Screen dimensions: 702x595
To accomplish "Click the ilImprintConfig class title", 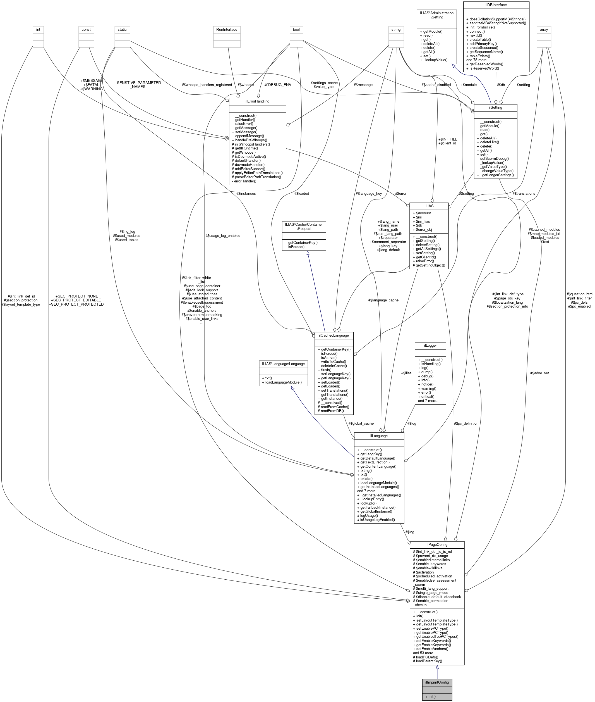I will click(x=437, y=682).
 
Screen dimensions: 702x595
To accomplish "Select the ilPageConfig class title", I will click(x=437, y=544).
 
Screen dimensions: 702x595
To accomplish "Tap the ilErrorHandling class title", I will click(x=257, y=101).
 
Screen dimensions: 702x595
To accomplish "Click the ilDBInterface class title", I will click(x=496, y=5).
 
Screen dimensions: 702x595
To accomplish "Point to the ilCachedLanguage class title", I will click(x=334, y=335).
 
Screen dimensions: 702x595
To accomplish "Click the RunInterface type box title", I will click(x=227, y=29).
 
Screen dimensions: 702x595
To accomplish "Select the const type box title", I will click(x=86, y=29).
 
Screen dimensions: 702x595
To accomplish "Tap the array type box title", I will click(x=544, y=29).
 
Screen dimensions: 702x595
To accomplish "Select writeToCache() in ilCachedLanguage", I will click(x=332, y=362).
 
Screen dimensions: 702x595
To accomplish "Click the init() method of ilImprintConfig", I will click(x=430, y=696).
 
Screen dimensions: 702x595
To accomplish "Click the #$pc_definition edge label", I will click(x=466, y=423).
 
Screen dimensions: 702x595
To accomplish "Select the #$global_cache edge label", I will click(x=361, y=423).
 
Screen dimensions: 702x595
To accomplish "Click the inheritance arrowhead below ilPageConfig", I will click(x=437, y=667).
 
